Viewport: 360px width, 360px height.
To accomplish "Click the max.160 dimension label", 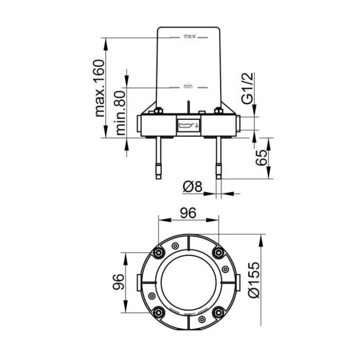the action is click(99, 88).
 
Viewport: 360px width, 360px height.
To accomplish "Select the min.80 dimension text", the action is click(121, 113).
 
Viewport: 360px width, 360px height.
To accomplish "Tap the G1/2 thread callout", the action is click(247, 88).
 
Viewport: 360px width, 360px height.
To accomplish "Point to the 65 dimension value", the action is click(261, 158).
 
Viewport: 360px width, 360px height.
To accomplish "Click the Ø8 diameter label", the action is click(193, 186).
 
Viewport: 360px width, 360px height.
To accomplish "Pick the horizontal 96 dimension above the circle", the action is click(188, 213).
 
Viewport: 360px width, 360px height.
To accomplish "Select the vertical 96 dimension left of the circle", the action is click(118, 282).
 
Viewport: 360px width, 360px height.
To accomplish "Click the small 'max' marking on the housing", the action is click(190, 36).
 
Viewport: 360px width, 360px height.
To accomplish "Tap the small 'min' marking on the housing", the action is click(188, 86).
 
